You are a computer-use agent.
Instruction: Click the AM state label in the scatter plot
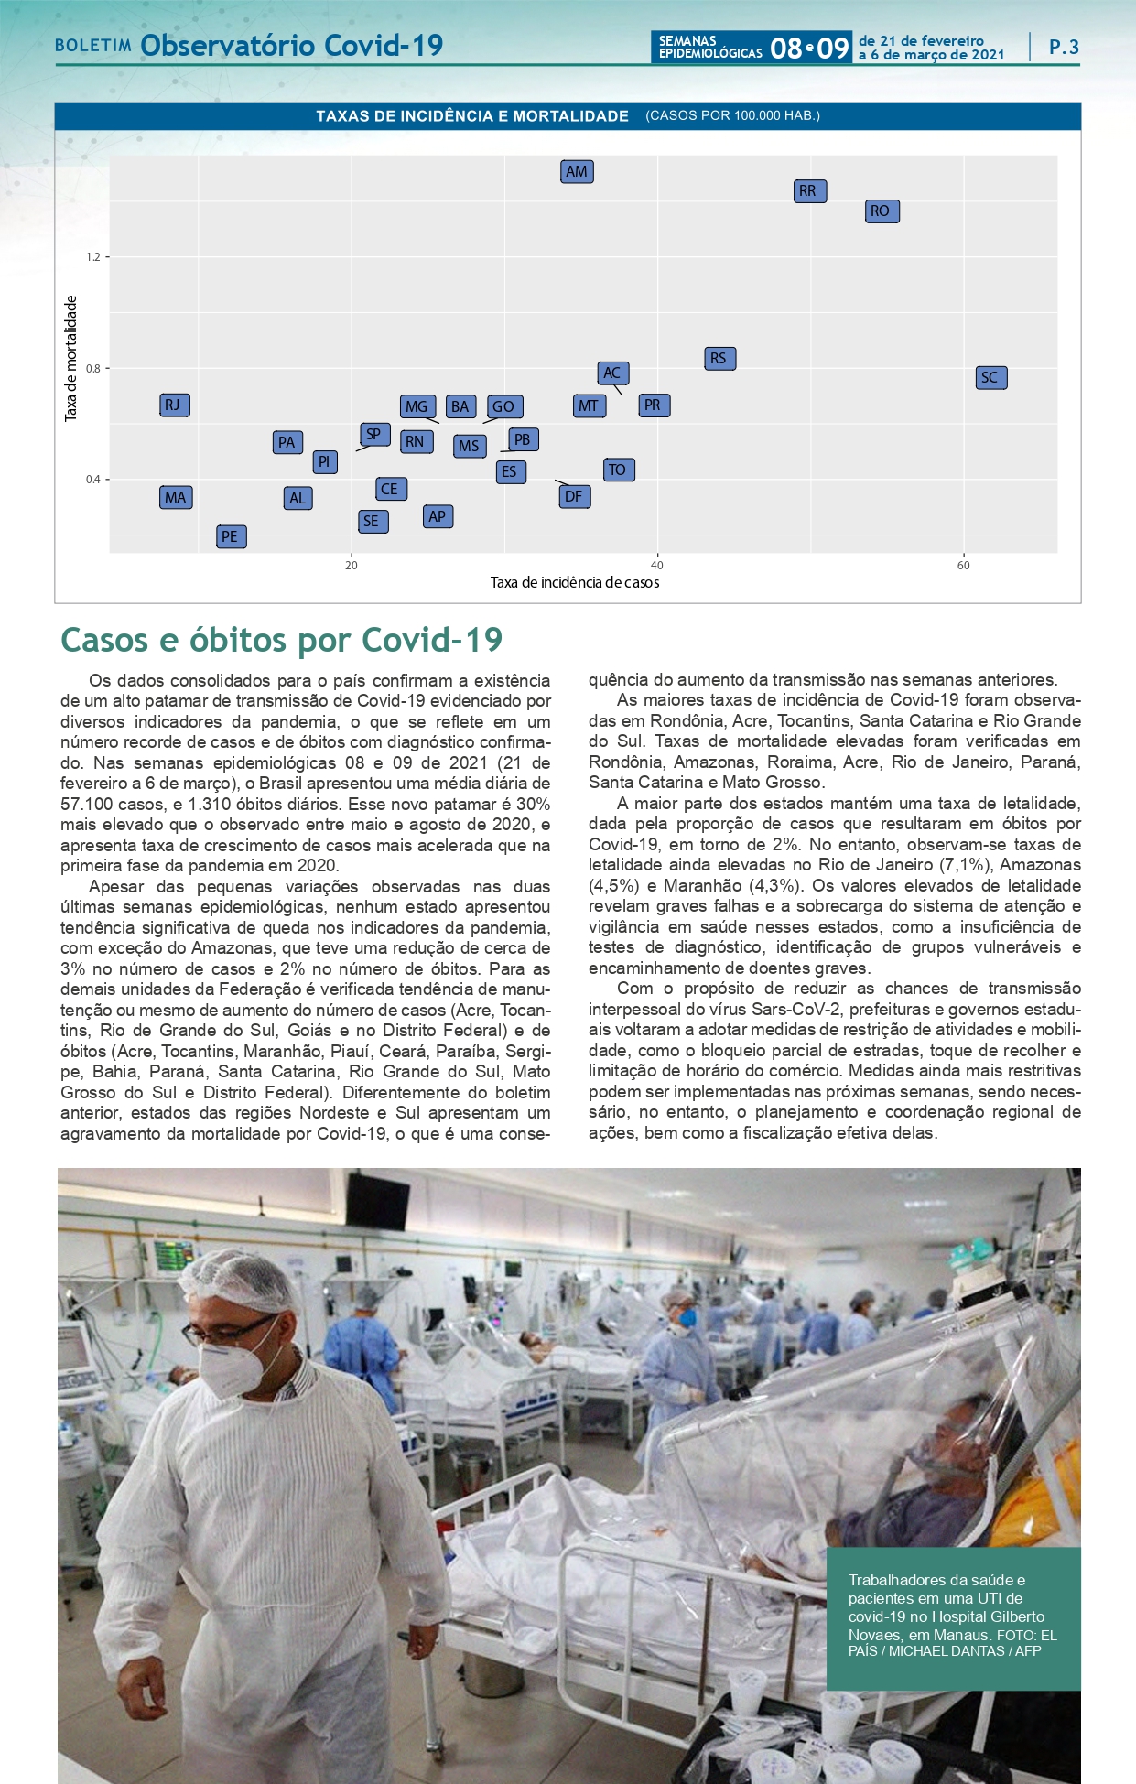point(577,171)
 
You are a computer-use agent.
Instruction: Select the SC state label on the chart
point(990,377)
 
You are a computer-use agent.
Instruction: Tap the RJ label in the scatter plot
point(174,405)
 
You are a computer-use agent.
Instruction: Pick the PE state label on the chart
point(231,536)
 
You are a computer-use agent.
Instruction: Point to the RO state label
point(882,211)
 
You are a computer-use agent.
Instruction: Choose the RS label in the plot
point(719,358)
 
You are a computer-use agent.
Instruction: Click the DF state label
point(574,496)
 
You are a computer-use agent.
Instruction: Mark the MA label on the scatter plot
point(176,497)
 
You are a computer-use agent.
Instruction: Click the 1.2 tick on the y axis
point(93,257)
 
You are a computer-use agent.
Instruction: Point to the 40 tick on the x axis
point(656,566)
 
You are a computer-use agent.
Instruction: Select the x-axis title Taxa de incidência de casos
point(575,583)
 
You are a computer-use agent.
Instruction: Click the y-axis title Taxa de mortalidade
point(71,359)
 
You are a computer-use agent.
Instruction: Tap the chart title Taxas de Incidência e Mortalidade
point(472,116)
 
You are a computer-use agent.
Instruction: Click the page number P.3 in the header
point(1064,47)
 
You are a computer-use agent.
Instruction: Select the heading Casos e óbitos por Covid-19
point(282,640)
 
